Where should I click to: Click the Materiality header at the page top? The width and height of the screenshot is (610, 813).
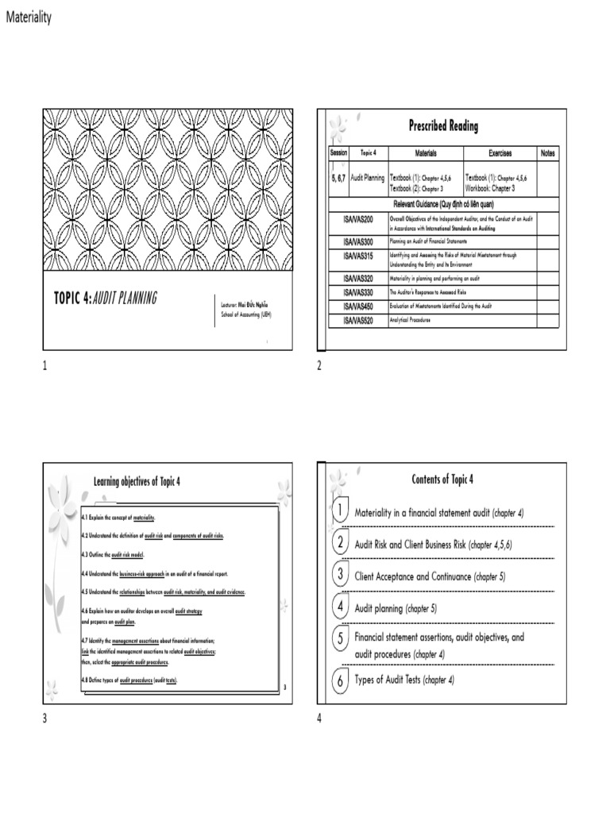point(29,17)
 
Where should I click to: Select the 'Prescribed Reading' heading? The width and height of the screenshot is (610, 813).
point(443,125)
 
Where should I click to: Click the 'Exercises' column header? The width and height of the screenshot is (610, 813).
point(500,153)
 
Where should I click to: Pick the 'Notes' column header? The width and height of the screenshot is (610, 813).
point(547,153)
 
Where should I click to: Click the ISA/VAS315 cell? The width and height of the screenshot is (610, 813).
point(357,256)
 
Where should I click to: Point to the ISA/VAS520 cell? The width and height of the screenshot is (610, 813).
point(357,320)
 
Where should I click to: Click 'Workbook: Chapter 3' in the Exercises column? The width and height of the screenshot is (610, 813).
point(496,189)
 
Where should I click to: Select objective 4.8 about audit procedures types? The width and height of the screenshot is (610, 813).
point(129,681)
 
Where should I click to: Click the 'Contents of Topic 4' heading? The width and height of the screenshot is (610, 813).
point(442,479)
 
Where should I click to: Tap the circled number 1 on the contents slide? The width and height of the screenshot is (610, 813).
point(338,511)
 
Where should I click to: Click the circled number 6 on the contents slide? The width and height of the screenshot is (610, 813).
point(339,680)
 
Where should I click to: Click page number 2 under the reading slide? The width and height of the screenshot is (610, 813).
point(319,366)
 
